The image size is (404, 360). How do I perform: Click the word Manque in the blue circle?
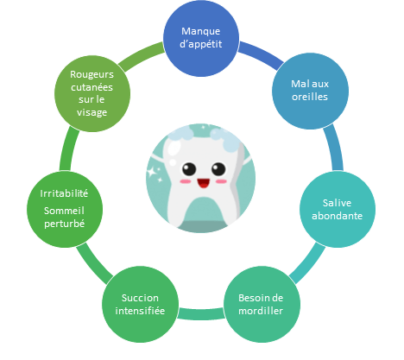(x=201, y=31)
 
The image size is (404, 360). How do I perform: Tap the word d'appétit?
(x=201, y=44)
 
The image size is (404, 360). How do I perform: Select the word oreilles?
(x=310, y=97)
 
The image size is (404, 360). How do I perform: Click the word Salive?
(x=337, y=203)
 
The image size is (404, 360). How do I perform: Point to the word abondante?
(x=337, y=216)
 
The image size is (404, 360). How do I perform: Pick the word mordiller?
(x=261, y=311)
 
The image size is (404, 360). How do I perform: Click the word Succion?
(x=140, y=298)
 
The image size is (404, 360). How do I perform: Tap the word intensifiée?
(x=140, y=311)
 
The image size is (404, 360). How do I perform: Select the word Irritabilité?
(x=64, y=193)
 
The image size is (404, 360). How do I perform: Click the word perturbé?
(x=64, y=224)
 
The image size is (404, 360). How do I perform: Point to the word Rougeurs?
(x=92, y=74)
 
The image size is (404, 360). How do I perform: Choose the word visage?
(x=92, y=112)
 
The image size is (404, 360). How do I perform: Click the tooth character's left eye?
(x=189, y=169)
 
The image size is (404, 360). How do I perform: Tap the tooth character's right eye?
(x=218, y=169)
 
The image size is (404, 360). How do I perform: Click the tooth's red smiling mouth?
(x=204, y=183)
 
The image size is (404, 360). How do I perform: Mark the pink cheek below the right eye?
(x=221, y=181)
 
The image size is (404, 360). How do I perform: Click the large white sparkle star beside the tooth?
(x=152, y=172)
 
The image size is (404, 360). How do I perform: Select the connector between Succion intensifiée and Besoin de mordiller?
(x=201, y=313)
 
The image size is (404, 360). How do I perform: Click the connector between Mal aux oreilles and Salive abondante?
(x=335, y=148)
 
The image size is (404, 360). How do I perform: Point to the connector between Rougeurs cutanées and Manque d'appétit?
(x=140, y=55)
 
